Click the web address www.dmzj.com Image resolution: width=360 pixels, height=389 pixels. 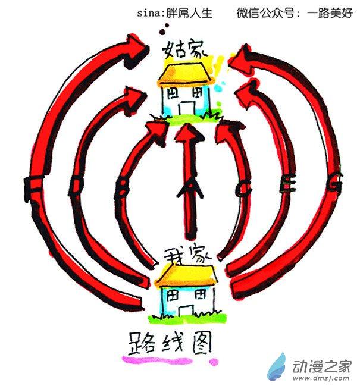(321, 378)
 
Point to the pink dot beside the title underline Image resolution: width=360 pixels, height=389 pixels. (214, 360)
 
